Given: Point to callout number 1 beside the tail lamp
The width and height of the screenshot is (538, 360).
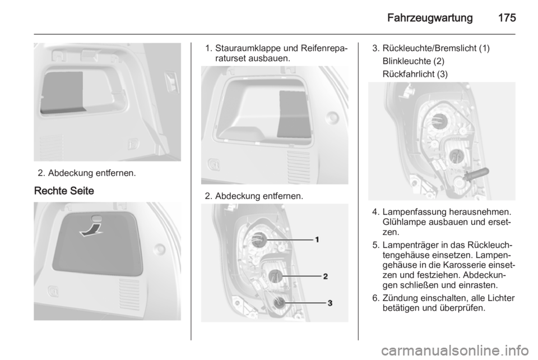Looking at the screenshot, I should click(316, 239).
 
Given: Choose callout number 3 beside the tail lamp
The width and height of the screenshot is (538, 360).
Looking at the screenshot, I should click(330, 303).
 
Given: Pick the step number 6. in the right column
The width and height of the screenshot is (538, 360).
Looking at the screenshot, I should click(375, 297).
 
